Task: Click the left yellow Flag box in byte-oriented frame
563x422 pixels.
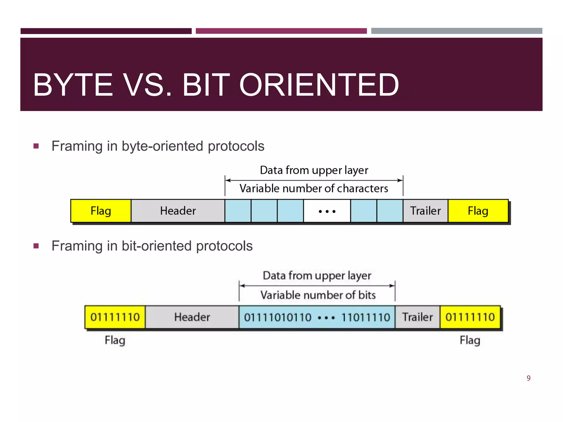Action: tap(101, 211)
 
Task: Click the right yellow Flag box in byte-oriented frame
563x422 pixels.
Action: tap(478, 211)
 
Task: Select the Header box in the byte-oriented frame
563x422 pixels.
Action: tap(178, 211)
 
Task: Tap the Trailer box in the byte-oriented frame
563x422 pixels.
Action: tap(425, 211)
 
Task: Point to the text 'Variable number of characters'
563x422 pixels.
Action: tap(314, 188)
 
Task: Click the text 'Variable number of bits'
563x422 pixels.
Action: tap(318, 295)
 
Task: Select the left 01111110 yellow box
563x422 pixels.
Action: tap(115, 317)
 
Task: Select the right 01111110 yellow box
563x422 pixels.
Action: tap(470, 317)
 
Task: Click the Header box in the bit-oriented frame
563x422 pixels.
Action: tap(192, 317)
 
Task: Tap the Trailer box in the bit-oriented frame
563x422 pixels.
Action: tap(417, 317)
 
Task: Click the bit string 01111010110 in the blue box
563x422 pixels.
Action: tap(278, 318)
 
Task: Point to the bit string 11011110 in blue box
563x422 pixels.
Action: tap(366, 318)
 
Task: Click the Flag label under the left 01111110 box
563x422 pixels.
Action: tap(115, 340)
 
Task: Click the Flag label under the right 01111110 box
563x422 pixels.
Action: tap(470, 340)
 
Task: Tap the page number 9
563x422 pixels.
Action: tap(528, 378)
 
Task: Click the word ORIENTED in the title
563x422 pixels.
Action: tap(319, 85)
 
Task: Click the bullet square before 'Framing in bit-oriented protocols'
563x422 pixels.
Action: tap(36, 246)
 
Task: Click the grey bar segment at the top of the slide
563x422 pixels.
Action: tap(456, 31)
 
